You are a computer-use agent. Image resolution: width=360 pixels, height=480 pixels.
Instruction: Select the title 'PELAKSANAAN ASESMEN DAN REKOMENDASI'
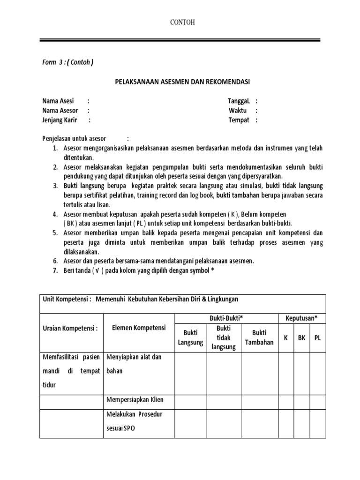tap(183, 82)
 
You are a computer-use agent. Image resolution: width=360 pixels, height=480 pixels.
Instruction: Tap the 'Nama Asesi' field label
tap(58, 101)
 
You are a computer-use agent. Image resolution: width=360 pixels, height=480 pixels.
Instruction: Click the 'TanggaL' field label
tap(240, 101)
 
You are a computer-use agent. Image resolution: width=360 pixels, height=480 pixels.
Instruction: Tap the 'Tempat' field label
tap(239, 120)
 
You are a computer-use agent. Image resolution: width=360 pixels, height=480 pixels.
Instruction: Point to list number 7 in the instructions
tap(54, 270)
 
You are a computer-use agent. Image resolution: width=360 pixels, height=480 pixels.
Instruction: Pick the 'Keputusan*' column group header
tap(301, 318)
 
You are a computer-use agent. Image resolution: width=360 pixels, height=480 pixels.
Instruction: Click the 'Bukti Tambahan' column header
tap(259, 337)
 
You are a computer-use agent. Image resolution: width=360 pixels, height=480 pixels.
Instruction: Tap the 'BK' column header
tap(301, 337)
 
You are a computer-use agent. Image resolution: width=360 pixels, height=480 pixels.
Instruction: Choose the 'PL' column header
tap(317, 337)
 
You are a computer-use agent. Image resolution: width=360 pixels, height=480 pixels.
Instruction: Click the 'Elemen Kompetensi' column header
tap(138, 328)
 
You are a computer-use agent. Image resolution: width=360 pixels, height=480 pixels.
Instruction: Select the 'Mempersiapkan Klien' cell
tap(135, 399)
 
